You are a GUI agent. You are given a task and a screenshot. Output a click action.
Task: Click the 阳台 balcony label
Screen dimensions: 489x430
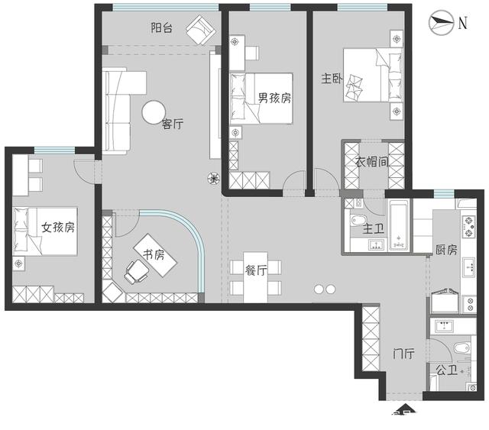(161, 28)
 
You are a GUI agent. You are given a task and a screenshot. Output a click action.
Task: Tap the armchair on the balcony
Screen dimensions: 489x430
(201, 30)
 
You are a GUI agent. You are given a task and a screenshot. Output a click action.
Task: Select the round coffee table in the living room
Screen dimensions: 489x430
(154, 112)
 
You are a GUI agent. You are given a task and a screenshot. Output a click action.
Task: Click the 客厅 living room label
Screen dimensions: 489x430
(173, 124)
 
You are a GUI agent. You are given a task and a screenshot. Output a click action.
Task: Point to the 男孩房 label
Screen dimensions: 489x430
(274, 98)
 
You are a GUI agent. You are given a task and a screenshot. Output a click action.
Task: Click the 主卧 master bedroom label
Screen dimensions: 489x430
(332, 79)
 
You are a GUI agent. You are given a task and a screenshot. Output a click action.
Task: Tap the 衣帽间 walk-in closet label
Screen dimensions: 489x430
(372, 162)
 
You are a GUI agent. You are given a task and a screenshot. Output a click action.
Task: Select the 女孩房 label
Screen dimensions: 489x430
(58, 228)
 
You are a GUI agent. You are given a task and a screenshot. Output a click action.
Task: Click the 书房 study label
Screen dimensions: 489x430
(154, 255)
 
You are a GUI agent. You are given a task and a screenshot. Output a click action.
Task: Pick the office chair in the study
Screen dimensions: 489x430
(136, 272)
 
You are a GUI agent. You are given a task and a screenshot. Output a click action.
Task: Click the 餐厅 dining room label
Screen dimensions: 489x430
(256, 270)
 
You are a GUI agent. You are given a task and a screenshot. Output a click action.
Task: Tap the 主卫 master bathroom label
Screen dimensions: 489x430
(373, 229)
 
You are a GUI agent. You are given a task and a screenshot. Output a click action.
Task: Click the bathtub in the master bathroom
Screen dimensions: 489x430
(398, 225)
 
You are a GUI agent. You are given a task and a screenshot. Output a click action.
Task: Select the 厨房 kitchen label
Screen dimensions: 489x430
(446, 250)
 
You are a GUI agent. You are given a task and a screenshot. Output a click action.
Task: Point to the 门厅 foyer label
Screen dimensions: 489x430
(403, 354)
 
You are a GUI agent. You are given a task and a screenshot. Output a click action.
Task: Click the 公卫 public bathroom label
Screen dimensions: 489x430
(446, 370)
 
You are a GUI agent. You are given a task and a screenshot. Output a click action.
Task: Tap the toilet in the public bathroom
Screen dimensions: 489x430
(461, 348)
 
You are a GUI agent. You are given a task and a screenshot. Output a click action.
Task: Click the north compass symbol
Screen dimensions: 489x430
(441, 22)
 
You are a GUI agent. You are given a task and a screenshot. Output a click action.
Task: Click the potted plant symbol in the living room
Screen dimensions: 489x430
(214, 179)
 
